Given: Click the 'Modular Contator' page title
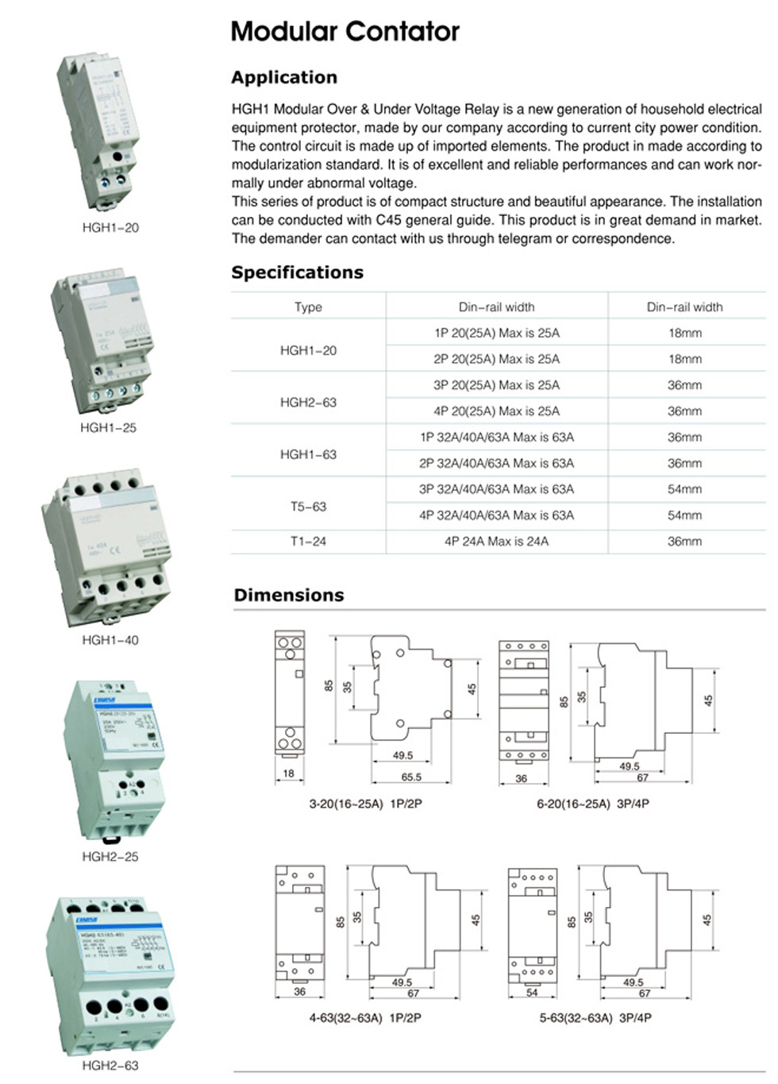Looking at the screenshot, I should pos(345,32).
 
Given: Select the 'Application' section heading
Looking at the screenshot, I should pos(284,78).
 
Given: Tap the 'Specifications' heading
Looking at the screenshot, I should pos(297,272).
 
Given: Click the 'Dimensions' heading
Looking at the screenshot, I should pos(289,596).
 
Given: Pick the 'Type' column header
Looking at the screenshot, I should pos(308,307).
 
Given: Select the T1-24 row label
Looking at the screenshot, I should pos(308,542).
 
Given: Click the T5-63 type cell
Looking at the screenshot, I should pos(308,507).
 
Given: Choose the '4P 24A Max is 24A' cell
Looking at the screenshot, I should pos(496,542).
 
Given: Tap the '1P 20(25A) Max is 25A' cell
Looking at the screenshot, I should pos(496,333).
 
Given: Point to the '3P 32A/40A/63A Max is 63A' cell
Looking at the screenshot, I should pos(496,489).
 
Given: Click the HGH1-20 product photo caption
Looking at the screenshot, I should pos(110,228).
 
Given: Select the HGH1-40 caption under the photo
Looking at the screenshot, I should pos(110,640).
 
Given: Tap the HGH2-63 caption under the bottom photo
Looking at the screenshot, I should pos(110,1066).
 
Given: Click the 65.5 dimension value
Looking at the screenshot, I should pos(411,777).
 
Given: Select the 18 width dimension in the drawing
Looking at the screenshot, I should pos(288,773).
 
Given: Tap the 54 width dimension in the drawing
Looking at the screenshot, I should pos(532,993).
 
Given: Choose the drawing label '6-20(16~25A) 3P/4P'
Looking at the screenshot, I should pos(593,804).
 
